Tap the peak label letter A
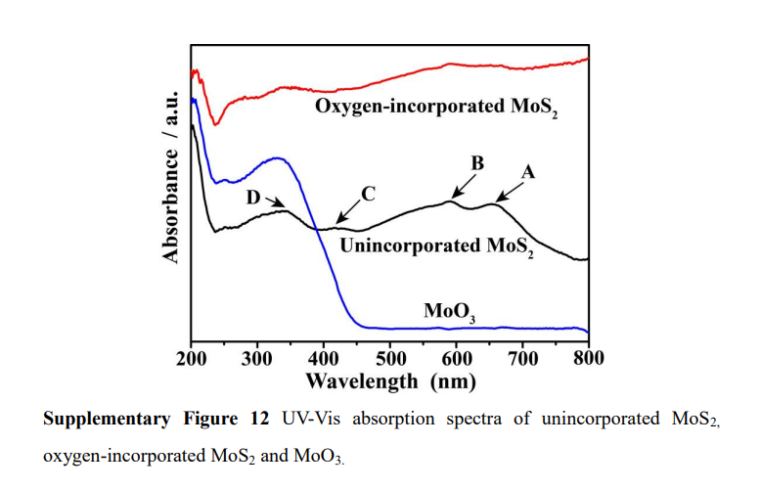tap(528, 170)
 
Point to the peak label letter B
tap(477, 163)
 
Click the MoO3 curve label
tap(450, 312)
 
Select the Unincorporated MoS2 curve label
tap(436, 246)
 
